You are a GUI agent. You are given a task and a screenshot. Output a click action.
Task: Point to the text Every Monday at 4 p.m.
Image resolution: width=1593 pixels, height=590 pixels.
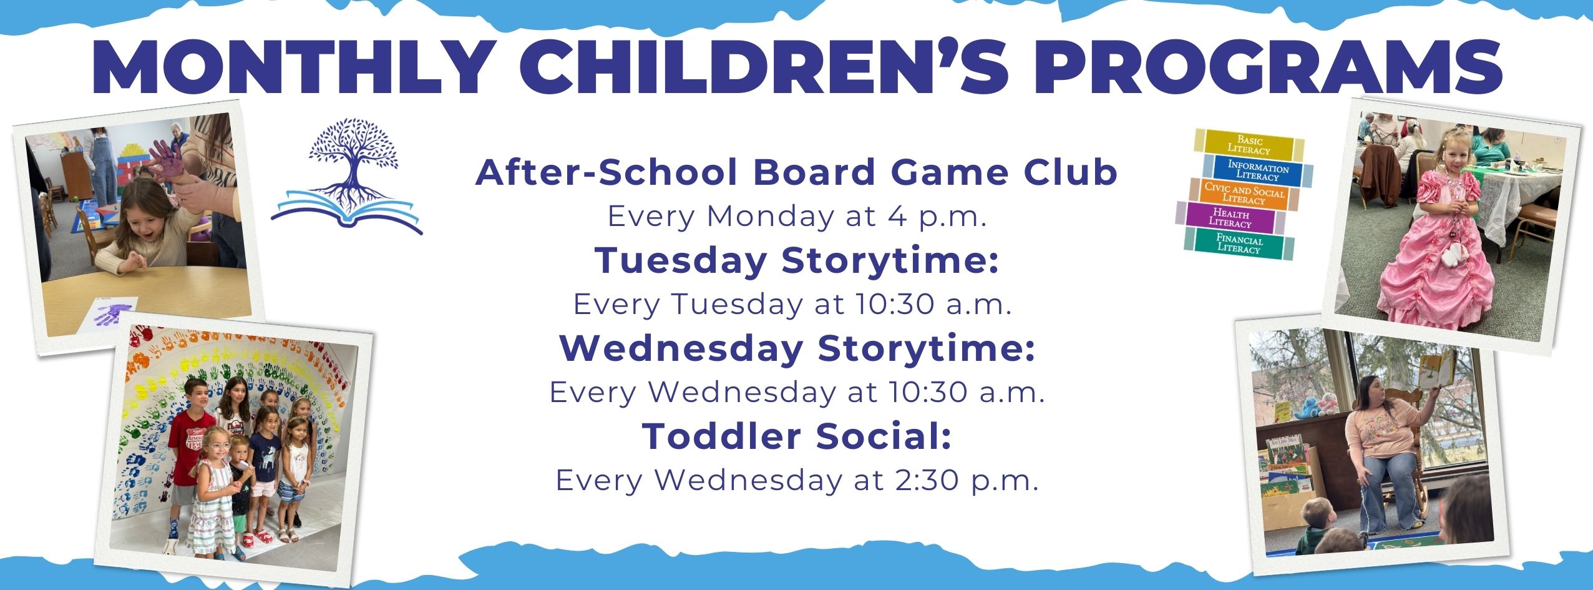(797, 217)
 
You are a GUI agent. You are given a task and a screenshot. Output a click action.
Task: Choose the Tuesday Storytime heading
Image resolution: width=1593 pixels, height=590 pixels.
(797, 260)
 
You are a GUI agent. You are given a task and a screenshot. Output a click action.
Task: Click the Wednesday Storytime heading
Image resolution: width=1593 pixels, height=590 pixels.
(797, 348)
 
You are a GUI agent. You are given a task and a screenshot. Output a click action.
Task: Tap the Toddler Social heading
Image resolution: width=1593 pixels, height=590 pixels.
(797, 435)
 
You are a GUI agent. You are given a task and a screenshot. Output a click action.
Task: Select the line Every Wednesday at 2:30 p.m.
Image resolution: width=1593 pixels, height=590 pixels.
(797, 480)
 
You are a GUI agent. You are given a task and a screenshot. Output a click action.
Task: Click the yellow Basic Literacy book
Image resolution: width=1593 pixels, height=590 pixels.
(1250, 145)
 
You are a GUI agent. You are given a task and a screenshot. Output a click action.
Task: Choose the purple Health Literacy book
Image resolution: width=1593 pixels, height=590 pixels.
(1230, 218)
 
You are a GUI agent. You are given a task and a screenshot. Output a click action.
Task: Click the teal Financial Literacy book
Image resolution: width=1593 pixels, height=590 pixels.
(1239, 243)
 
